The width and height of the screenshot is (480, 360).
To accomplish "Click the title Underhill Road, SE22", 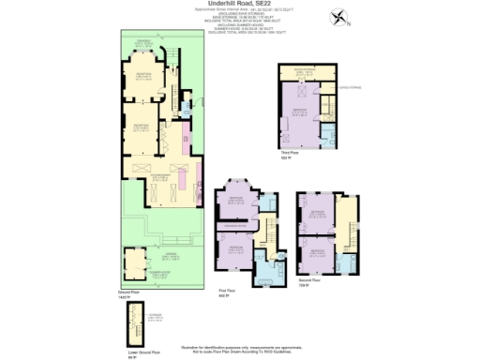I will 240,5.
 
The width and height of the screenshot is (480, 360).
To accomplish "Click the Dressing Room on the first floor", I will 234,227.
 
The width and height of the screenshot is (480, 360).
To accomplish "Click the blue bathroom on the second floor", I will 349,262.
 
